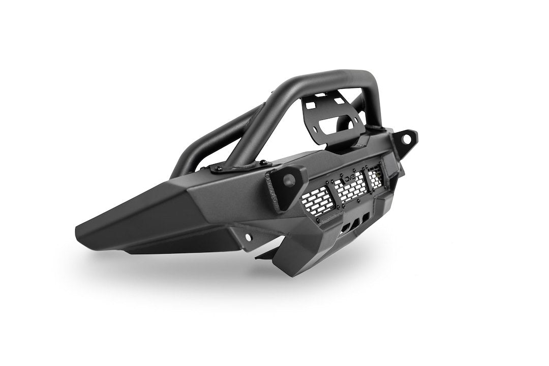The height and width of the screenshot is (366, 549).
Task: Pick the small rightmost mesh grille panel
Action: coord(375,177)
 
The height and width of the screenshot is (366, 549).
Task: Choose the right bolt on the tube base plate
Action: coord(263,163)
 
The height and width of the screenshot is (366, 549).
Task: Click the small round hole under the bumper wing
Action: coord(249,237)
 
